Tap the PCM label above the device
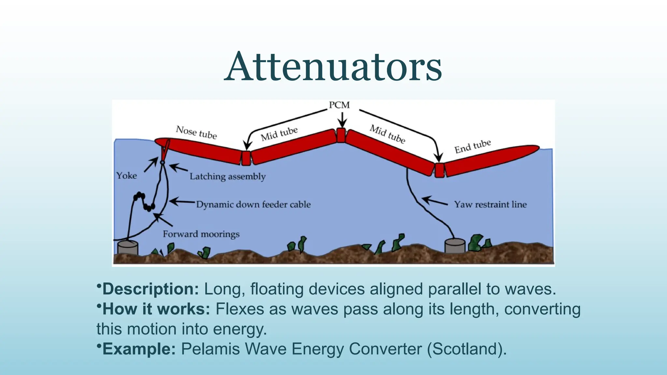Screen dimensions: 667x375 (339, 105)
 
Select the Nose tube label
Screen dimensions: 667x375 (196, 132)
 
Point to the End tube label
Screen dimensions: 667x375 (472, 146)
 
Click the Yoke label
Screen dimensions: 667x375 (127, 176)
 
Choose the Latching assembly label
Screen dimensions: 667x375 (228, 176)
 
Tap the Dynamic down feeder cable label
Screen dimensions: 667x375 (253, 204)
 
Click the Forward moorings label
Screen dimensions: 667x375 (201, 234)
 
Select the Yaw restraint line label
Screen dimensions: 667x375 (490, 204)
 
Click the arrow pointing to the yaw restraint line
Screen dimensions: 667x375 (435, 201)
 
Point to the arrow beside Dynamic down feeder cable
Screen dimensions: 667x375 (182, 202)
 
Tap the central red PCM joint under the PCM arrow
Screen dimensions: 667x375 (341, 135)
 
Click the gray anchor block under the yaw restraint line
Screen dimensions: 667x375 (455, 246)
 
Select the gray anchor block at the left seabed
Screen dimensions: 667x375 (128, 248)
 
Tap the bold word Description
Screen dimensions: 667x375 (150, 289)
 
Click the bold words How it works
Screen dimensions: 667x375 (156, 309)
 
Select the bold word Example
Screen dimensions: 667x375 (139, 349)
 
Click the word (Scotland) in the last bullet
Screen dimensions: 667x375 (467, 349)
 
